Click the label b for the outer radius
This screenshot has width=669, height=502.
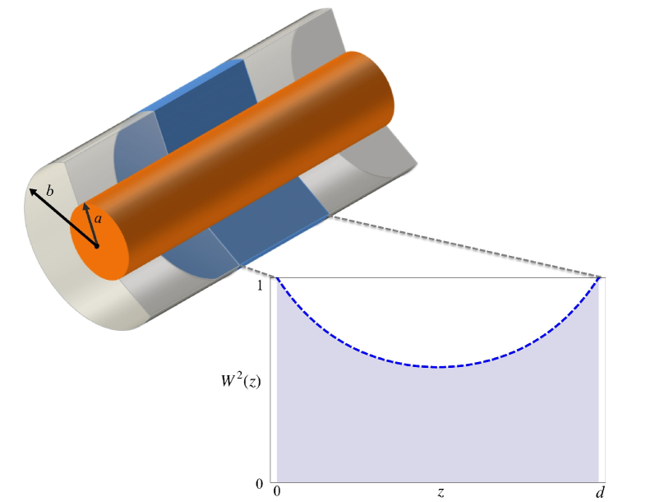[49, 191]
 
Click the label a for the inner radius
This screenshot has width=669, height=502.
[98, 219]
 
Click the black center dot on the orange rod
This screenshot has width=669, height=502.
[96, 245]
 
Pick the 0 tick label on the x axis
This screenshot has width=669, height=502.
[276, 493]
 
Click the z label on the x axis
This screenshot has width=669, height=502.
[441, 492]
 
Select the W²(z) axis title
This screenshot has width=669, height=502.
[238, 382]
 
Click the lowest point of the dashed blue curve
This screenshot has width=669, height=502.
[441, 366]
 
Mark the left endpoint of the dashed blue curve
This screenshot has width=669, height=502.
[277, 279]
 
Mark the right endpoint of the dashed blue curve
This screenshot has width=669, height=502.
[599, 279]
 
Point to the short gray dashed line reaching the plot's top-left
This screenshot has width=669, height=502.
[257, 272]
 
